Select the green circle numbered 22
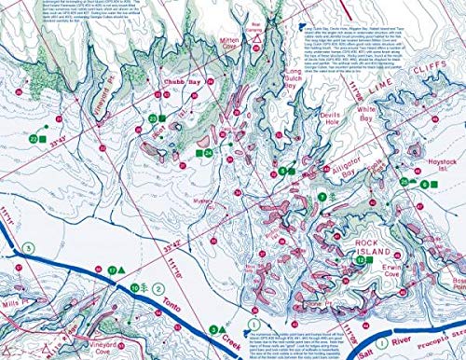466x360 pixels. pos(34,138)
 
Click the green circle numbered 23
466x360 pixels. pos(152,118)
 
